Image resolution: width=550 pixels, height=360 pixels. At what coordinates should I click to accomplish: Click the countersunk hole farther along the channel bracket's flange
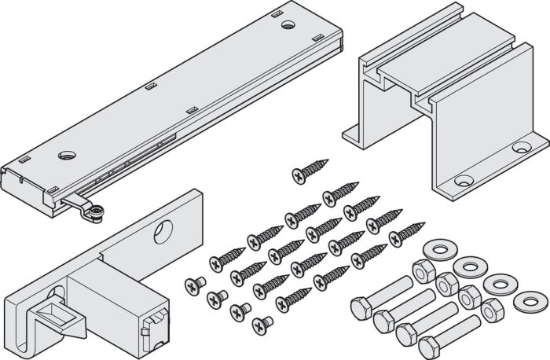[x=519, y=147]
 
